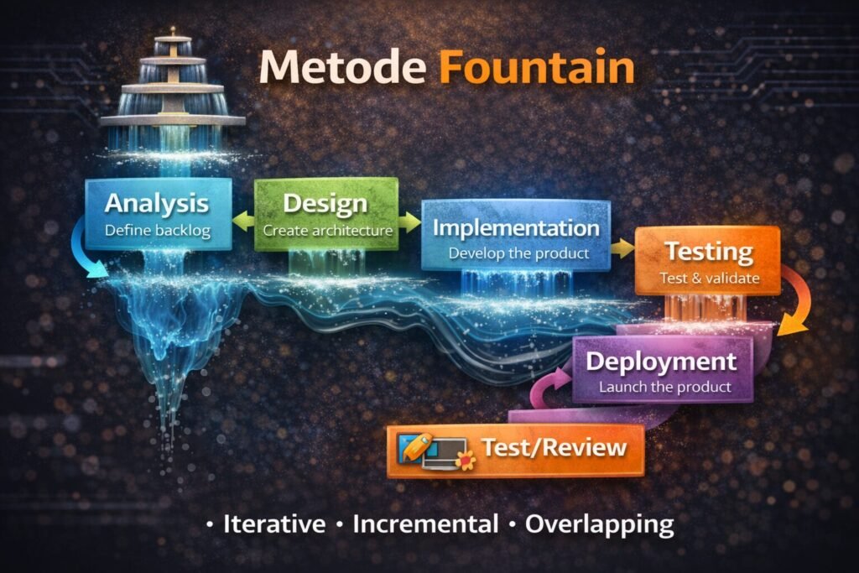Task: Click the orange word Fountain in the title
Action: (537, 68)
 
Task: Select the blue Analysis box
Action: (159, 214)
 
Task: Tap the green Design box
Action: (325, 214)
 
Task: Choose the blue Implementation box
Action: (516, 235)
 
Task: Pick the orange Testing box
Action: (707, 261)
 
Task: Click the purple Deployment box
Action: (662, 370)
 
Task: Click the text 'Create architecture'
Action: (327, 230)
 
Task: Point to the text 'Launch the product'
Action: (664, 388)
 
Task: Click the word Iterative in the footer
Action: (274, 525)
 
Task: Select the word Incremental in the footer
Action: (425, 525)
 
